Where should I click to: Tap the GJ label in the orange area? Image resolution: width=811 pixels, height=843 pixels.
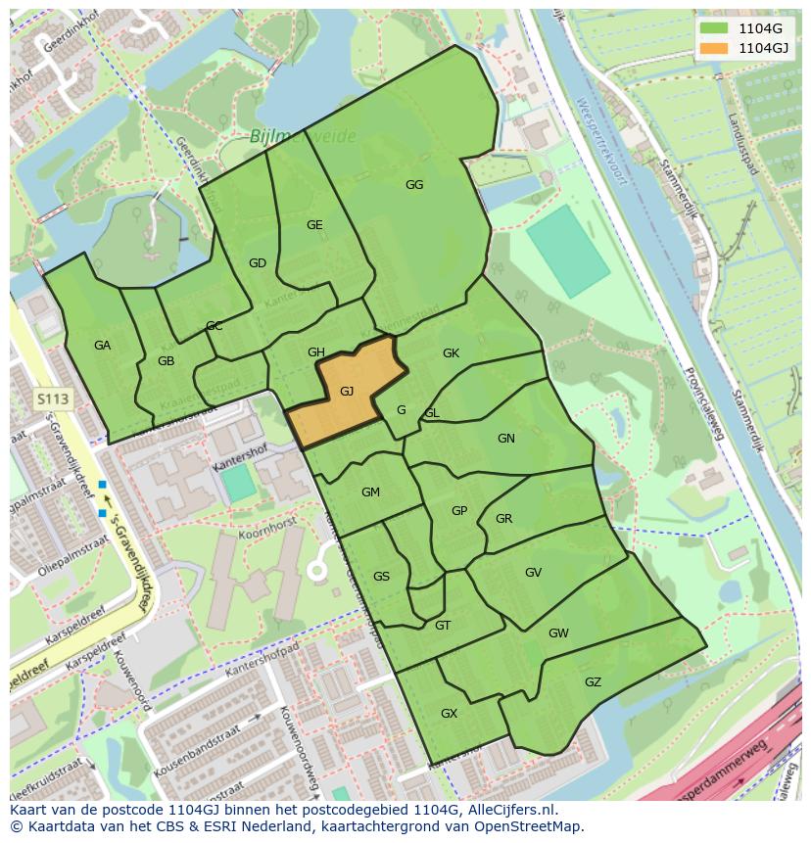click(x=347, y=392)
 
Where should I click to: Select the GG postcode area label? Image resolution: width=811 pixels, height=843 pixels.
click(x=414, y=185)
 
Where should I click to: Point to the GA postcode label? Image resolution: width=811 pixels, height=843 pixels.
click(x=102, y=346)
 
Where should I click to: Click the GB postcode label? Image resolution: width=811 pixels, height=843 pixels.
click(x=166, y=361)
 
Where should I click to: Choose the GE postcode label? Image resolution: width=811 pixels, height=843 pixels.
click(x=314, y=225)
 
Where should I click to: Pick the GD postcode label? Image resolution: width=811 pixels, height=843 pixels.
click(x=258, y=263)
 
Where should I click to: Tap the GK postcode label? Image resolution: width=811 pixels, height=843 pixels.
click(x=451, y=353)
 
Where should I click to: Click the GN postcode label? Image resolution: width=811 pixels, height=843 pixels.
click(x=505, y=439)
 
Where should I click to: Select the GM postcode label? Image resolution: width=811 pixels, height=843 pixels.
click(x=370, y=492)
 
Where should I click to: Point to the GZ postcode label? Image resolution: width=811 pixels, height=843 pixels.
click(x=593, y=682)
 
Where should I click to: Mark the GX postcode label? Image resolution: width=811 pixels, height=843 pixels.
click(x=449, y=714)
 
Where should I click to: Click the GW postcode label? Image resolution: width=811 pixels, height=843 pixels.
click(x=558, y=633)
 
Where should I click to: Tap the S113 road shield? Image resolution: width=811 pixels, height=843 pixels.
click(x=53, y=399)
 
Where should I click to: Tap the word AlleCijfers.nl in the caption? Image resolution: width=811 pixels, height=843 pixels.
click(x=513, y=811)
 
